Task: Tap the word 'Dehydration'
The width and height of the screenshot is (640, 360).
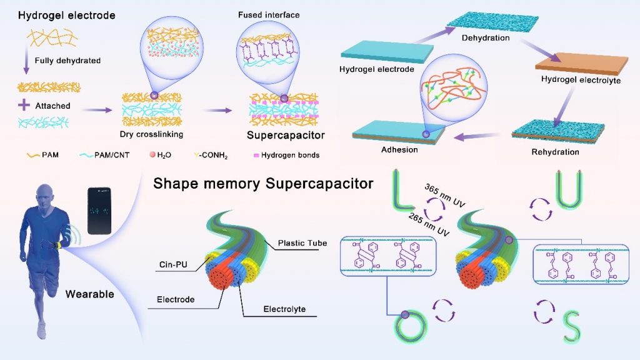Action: pos(486,38)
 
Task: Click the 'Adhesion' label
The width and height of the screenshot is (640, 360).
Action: pos(399,149)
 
